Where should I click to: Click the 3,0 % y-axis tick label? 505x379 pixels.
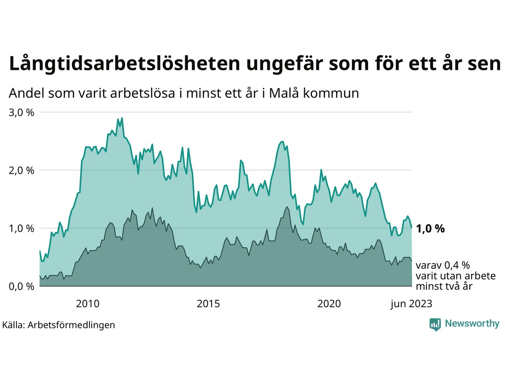coord(21,113)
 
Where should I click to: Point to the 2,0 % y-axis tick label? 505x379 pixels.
coord(21,171)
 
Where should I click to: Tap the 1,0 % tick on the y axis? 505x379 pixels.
coord(21,229)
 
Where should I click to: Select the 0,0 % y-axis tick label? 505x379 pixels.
coord(21,287)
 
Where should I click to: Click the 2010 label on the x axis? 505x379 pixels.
coord(88,304)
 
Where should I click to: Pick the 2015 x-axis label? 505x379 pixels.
coord(208,304)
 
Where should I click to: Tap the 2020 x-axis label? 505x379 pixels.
coord(329,304)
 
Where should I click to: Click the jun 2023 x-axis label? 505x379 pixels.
coord(411,304)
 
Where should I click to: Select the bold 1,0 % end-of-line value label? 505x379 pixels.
coord(430,229)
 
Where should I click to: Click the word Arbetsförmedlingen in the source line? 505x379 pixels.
coord(71,325)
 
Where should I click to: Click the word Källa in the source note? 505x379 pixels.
coord(13,325)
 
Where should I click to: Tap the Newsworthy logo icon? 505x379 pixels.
coord(435,325)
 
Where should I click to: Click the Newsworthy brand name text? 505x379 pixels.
coord(472,324)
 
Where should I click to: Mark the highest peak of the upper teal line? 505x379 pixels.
coord(122,118)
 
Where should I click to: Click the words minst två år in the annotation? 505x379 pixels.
coord(444,286)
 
